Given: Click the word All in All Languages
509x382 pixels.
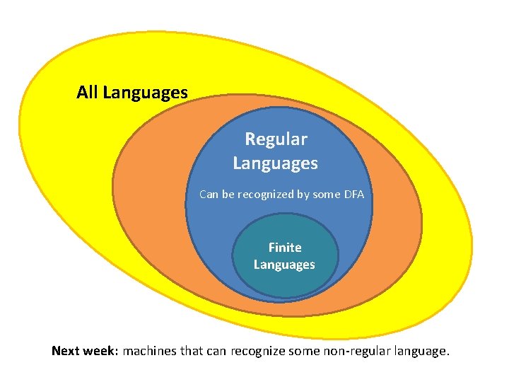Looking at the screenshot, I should pos(88,92).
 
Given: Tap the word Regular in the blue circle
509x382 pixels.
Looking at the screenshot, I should pos(276,139).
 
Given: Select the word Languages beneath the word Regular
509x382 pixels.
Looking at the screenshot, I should pos(275,163).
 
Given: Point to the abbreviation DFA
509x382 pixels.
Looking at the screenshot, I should pos(353,194).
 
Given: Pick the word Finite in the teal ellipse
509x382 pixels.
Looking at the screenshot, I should pos(284,248).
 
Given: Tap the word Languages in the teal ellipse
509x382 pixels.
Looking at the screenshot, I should pos(284,265).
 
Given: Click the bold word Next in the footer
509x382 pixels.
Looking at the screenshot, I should pos(67,351).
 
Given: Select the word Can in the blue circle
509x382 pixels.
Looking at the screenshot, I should pos(209,194).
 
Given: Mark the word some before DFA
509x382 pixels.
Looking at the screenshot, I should pos(326,194).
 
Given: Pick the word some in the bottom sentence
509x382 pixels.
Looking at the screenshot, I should pos(308,351).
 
